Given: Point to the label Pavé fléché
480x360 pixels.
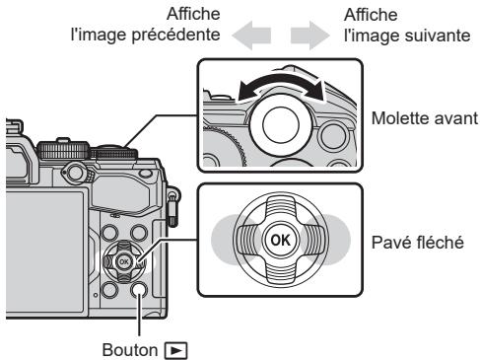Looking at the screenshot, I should (x=422, y=242).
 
